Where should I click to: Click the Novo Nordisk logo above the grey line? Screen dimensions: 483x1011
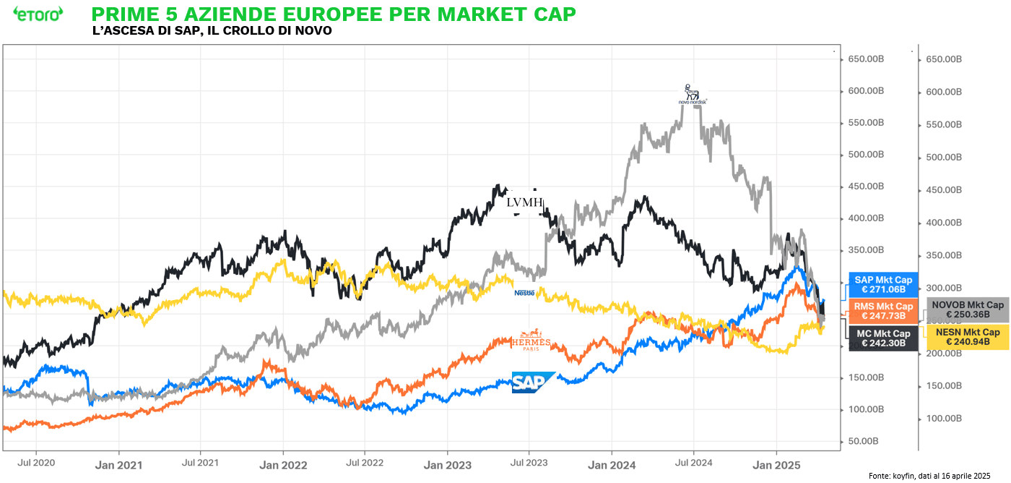click(x=692, y=94)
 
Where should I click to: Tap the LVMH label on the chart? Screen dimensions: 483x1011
click(x=525, y=202)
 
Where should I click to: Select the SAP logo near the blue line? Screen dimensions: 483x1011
click(x=532, y=382)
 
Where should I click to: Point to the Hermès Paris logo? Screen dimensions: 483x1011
click(x=531, y=343)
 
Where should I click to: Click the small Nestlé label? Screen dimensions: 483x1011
click(x=524, y=293)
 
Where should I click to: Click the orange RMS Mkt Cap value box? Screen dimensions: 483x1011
click(x=882, y=312)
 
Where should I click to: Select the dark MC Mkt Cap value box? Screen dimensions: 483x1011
click(x=882, y=338)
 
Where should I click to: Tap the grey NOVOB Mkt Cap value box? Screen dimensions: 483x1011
click(x=968, y=310)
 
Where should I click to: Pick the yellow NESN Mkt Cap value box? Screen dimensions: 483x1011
click(x=967, y=337)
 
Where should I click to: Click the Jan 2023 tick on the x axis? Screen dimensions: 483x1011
click(x=448, y=465)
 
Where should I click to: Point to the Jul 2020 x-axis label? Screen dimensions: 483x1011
click(x=35, y=462)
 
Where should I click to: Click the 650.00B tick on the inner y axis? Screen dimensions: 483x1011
click(x=865, y=59)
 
